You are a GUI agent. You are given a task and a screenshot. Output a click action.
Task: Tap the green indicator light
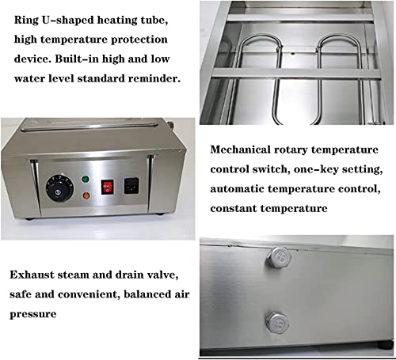tap(85, 180)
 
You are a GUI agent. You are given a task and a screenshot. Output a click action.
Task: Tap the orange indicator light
tap(85, 193)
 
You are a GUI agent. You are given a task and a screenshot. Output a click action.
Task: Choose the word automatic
tap(242, 189)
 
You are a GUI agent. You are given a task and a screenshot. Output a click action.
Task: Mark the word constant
tap(237, 209)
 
